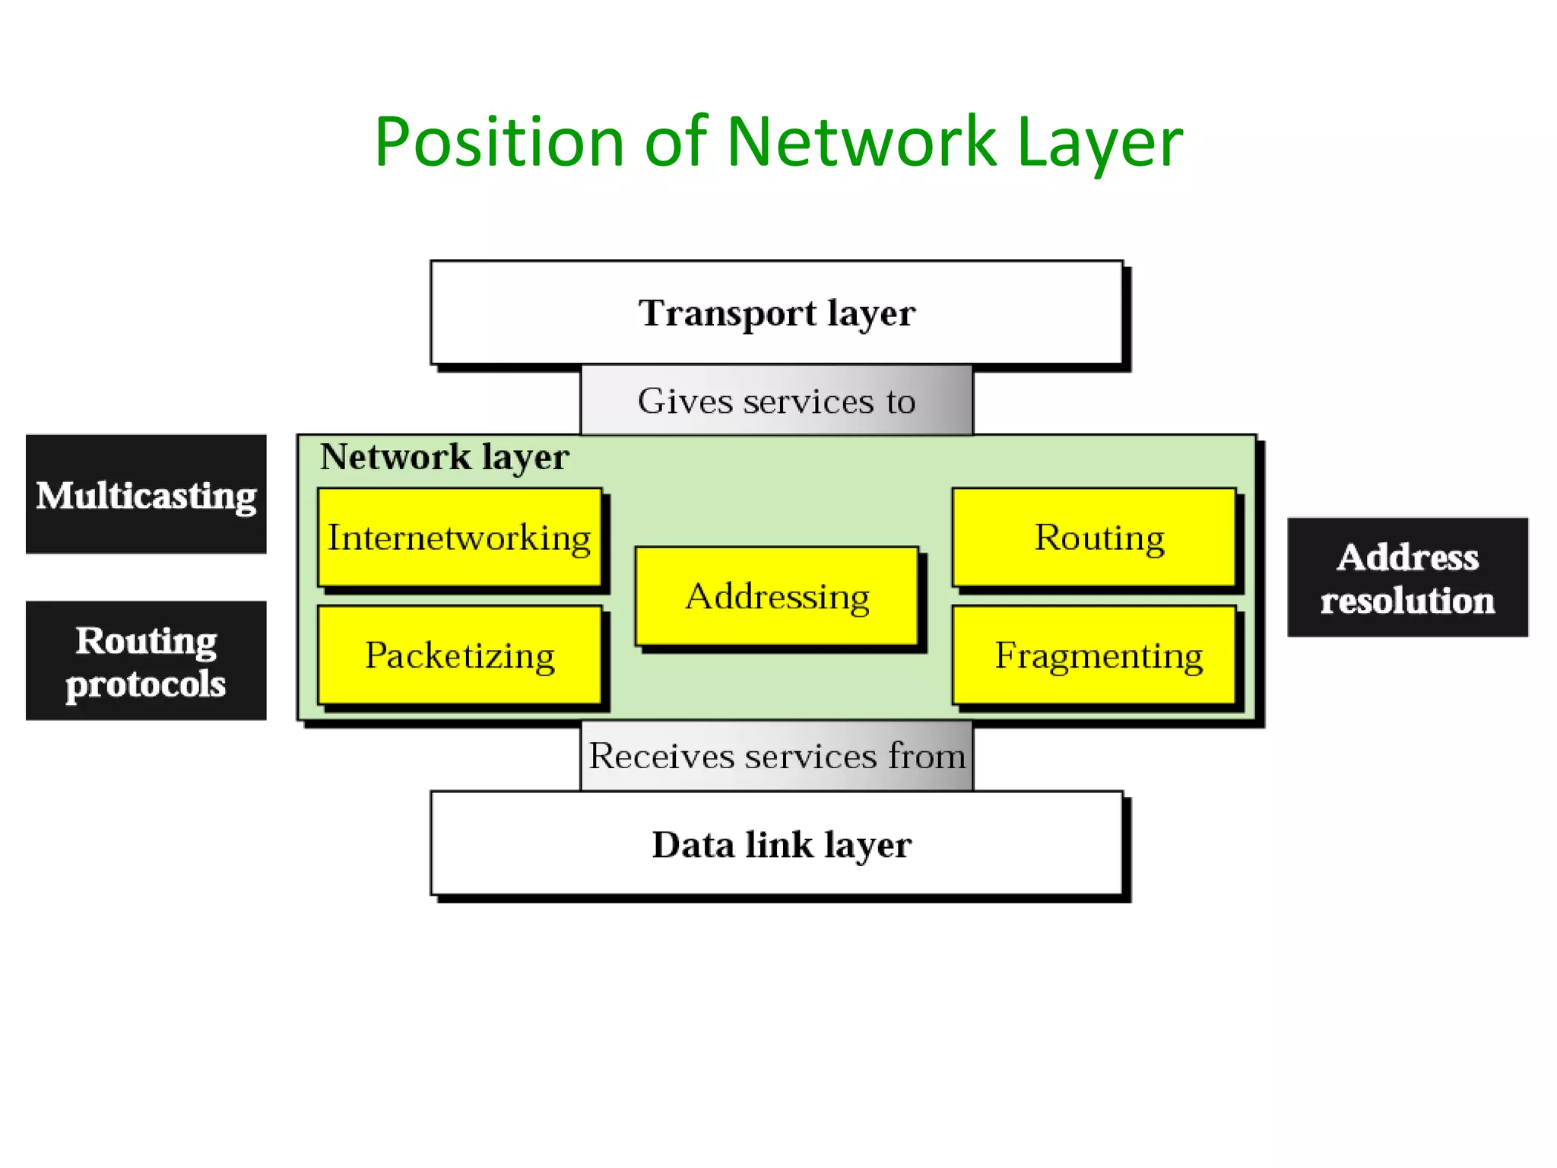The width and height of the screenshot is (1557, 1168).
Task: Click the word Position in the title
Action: pyautogui.click(x=499, y=142)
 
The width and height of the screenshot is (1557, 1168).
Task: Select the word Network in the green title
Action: pyautogui.click(x=861, y=142)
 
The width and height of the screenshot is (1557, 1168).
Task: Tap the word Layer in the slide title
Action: pyautogui.click(x=1099, y=142)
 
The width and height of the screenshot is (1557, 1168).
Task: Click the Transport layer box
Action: pyautogui.click(x=776, y=313)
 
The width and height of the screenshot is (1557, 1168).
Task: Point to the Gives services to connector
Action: pyautogui.click(x=776, y=401)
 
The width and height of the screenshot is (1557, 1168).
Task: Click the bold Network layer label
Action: pyautogui.click(x=444, y=457)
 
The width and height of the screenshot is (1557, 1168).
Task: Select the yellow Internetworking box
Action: pyautogui.click(x=459, y=538)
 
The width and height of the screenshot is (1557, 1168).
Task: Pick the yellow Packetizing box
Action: pyautogui.click(x=459, y=655)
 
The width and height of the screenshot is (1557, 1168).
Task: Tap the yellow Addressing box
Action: pyautogui.click(x=777, y=596)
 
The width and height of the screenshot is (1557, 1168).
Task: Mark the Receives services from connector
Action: pyautogui.click(x=776, y=756)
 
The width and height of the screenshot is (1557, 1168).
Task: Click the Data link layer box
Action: pyautogui.click(x=776, y=844)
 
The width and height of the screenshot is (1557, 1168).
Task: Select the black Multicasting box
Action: pyautogui.click(x=146, y=494)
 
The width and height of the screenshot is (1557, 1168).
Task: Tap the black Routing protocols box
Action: pyautogui.click(x=146, y=661)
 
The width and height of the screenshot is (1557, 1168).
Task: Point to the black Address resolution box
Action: pyautogui.click(x=1407, y=577)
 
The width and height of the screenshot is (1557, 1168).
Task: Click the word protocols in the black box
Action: pyautogui.click(x=146, y=684)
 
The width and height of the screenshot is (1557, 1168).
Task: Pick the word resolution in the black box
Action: pyautogui.click(x=1407, y=601)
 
